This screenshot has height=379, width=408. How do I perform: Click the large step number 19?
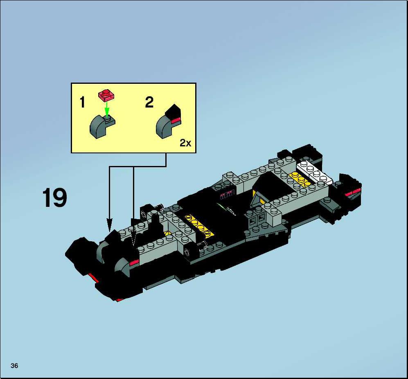click(54, 197)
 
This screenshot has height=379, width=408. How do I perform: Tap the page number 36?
click(14, 366)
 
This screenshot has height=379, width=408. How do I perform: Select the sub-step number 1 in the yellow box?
click(83, 102)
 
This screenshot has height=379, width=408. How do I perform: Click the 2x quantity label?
click(185, 143)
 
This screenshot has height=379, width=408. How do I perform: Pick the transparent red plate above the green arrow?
click(106, 94)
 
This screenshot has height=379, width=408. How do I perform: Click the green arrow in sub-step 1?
click(106, 109)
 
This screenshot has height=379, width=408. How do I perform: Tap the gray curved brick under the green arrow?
click(102, 126)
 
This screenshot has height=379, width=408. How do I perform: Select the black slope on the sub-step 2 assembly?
click(173, 112)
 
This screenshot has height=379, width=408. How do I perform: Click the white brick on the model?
click(314, 173)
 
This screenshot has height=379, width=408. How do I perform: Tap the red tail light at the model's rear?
click(352, 192)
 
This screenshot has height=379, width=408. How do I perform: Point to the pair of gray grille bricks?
click(256, 221)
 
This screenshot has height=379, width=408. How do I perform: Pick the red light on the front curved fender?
click(134, 262)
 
